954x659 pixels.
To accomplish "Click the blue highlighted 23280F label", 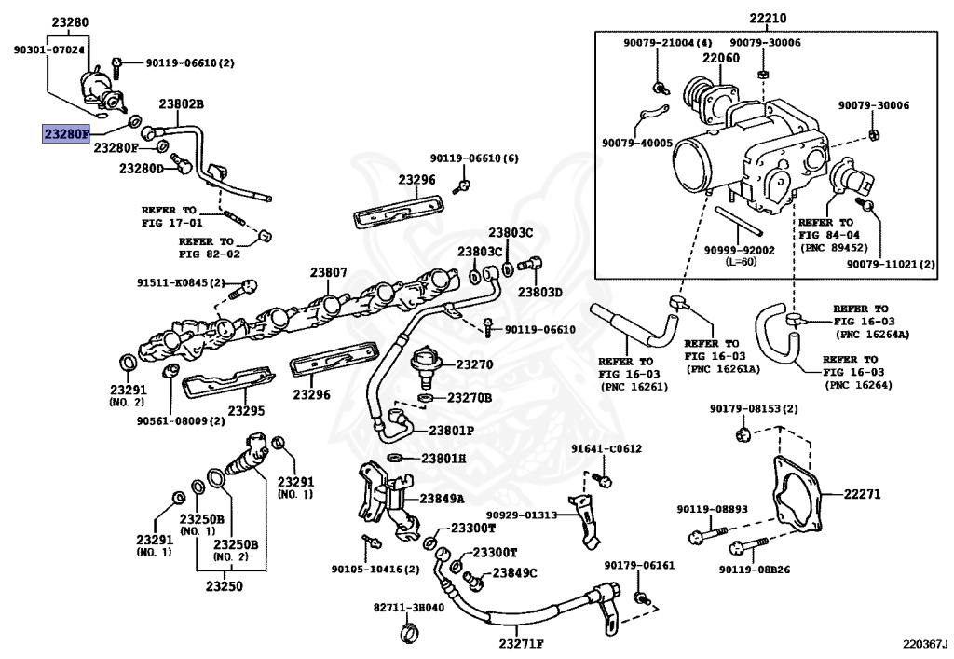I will (x=66, y=133).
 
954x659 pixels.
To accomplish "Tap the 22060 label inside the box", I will (x=720, y=59).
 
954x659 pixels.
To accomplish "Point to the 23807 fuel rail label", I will (x=328, y=273).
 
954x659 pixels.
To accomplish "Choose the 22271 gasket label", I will (x=862, y=494).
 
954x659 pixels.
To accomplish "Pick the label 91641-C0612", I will (x=606, y=449).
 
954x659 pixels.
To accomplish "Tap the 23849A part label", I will (x=441, y=498).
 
